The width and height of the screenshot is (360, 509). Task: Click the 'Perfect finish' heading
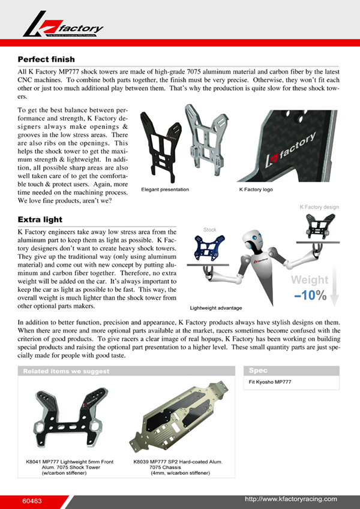(46, 59)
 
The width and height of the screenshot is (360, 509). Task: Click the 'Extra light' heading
(41, 219)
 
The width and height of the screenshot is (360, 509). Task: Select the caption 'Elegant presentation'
(165, 190)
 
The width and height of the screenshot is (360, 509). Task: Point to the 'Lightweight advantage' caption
(216, 308)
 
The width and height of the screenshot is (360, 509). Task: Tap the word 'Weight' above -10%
(310, 280)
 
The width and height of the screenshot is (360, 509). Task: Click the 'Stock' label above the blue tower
(210, 230)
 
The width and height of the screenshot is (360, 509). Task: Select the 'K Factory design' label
(319, 207)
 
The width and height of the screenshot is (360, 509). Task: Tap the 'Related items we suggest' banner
(66, 371)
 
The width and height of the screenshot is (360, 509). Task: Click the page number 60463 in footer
(32, 500)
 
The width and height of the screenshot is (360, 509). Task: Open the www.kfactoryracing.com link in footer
(291, 499)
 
